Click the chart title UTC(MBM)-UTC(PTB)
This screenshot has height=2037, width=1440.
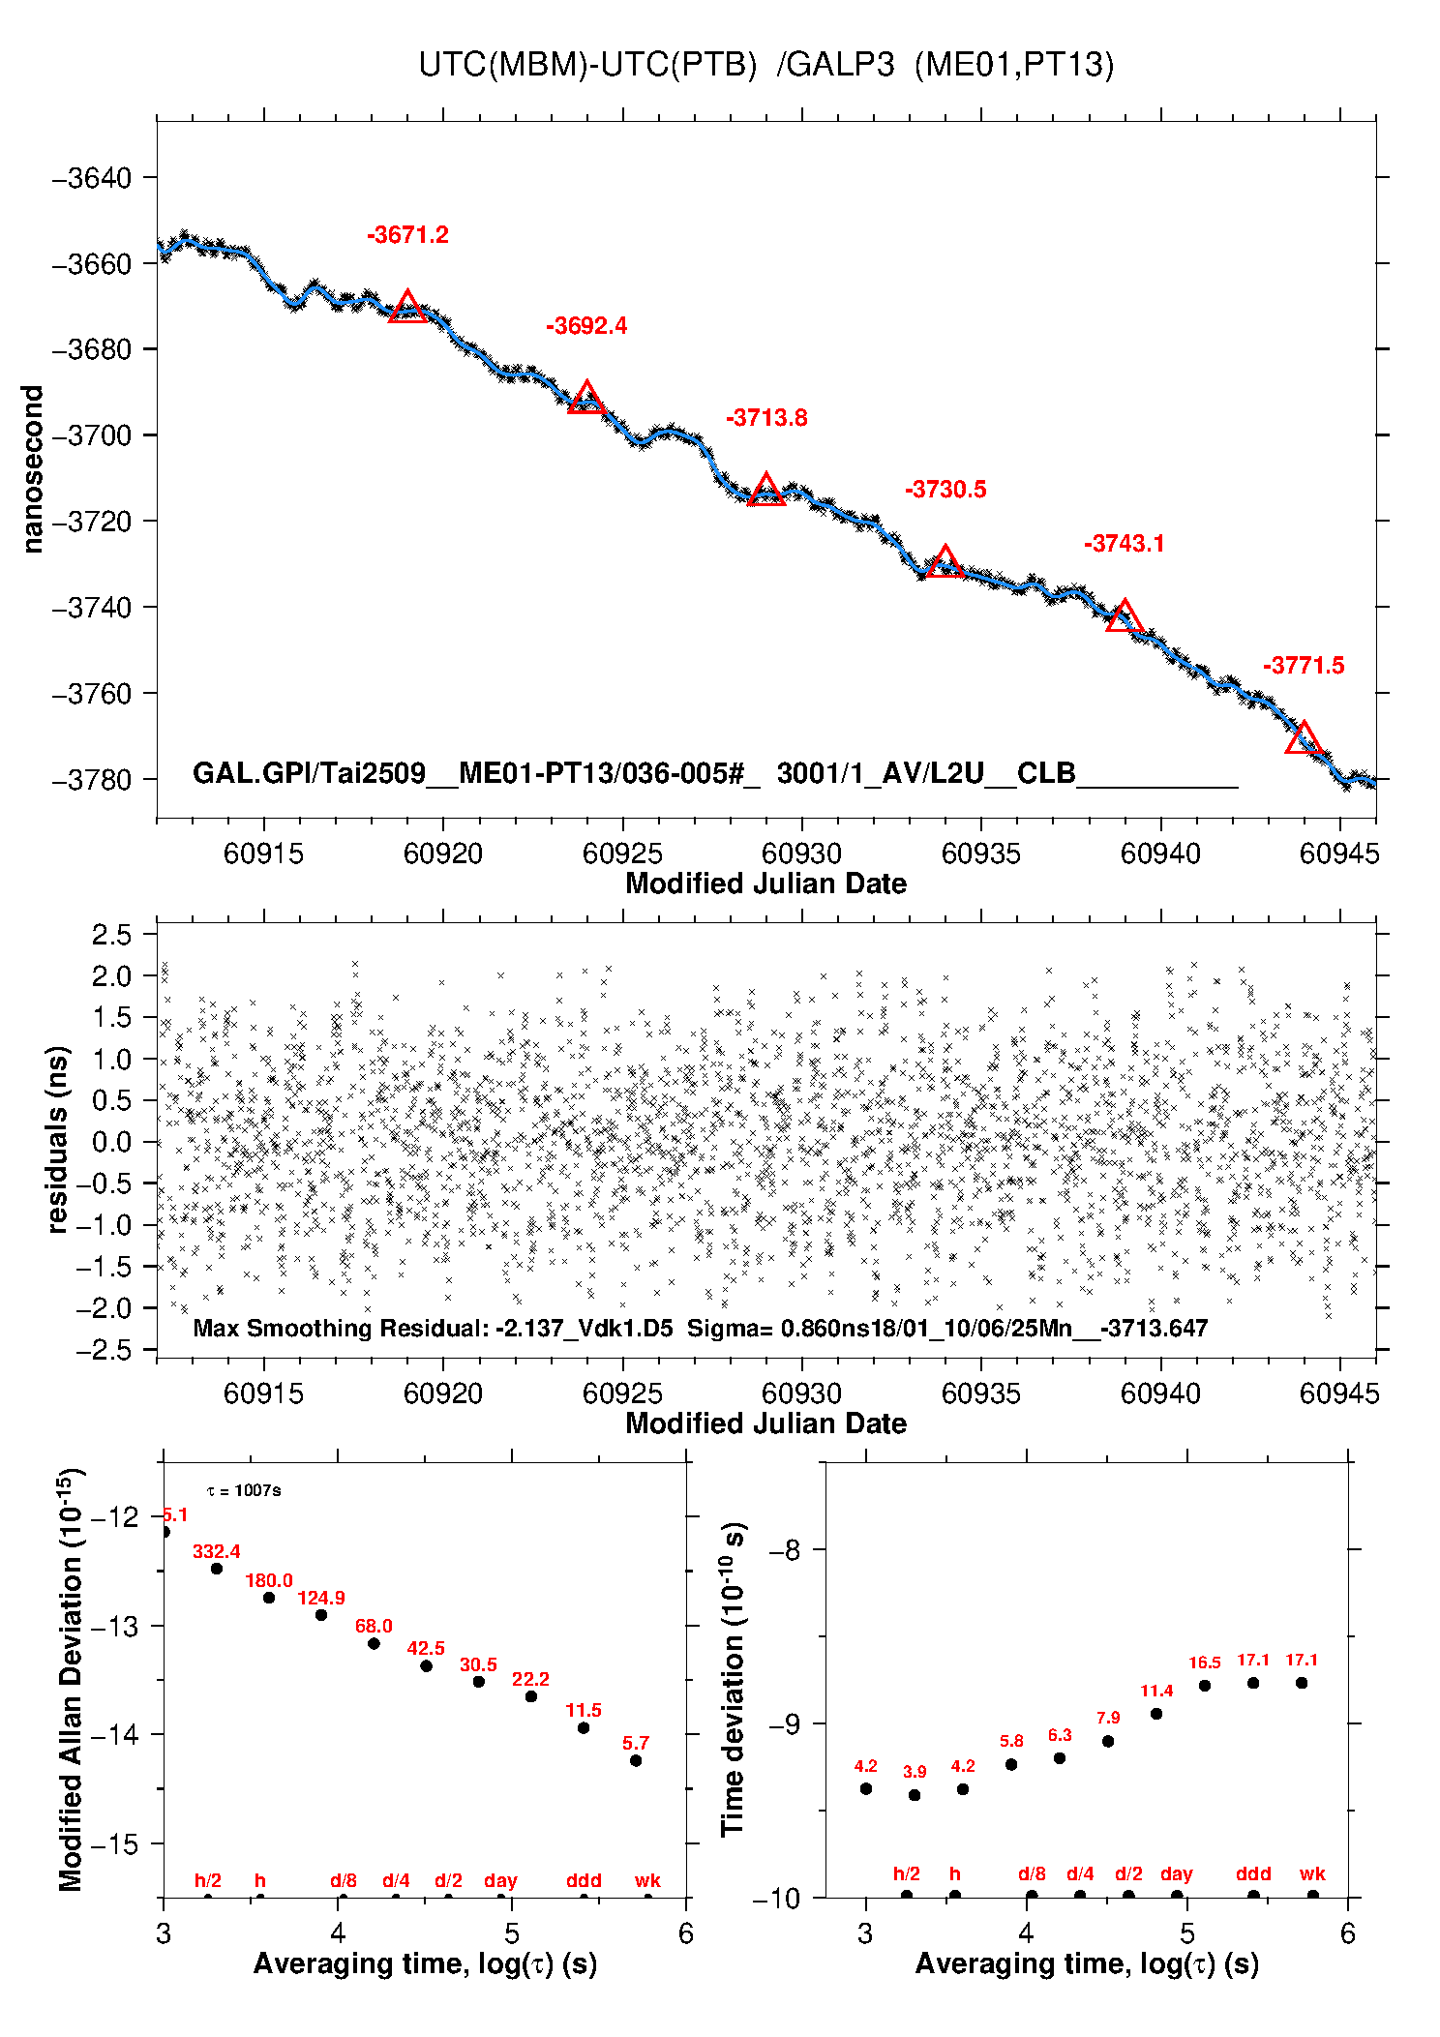point(587,65)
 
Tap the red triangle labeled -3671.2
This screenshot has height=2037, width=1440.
point(407,307)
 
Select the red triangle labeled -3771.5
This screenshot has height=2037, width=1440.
point(1304,738)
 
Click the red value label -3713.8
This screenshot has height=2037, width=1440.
point(766,418)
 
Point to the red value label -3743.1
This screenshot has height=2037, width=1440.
point(1124,544)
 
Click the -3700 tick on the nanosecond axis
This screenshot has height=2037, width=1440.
point(91,435)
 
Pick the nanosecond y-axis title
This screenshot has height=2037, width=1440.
point(33,469)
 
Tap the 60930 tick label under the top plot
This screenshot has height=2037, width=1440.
point(801,854)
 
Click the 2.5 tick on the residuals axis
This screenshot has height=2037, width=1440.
point(111,935)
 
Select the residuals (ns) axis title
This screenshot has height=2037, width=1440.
point(58,1139)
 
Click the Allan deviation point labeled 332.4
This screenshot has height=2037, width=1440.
point(217,1569)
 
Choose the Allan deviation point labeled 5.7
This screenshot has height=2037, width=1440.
point(636,1760)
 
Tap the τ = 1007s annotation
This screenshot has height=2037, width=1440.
point(244,1490)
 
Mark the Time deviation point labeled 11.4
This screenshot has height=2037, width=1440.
point(1156,1714)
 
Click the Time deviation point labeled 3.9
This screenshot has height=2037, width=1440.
point(915,1795)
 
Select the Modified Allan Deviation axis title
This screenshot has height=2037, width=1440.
point(70,1679)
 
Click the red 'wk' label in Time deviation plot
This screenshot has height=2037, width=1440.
point(1312,1873)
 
